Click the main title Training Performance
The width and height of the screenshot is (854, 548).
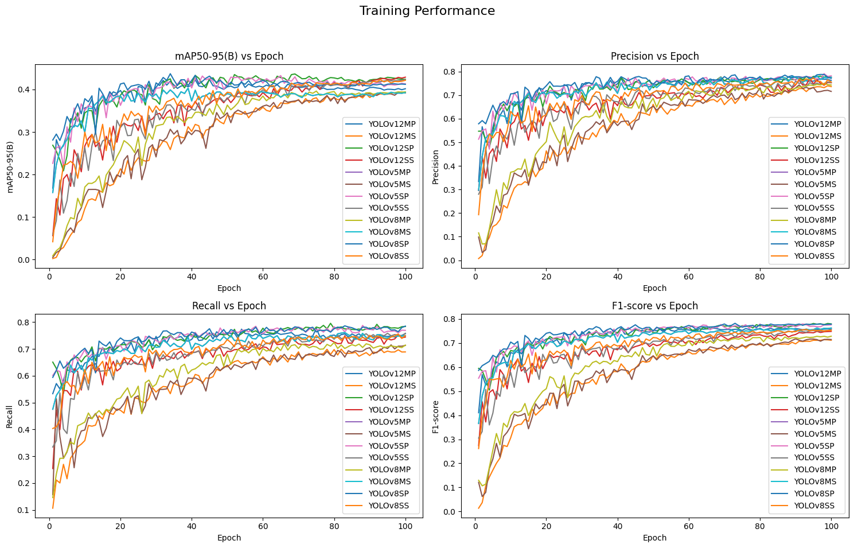(x=427, y=11)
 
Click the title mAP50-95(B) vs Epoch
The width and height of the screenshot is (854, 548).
(x=229, y=56)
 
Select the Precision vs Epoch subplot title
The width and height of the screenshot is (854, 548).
(x=654, y=56)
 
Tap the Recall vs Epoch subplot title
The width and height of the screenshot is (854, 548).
(x=229, y=306)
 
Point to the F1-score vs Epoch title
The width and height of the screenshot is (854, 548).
(x=654, y=306)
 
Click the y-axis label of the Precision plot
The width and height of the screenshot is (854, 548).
(x=435, y=167)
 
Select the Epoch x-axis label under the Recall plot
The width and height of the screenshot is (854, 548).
(x=229, y=538)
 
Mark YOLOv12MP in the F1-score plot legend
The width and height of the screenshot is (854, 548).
(x=817, y=374)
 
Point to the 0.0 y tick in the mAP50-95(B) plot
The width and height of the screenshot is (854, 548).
(x=25, y=260)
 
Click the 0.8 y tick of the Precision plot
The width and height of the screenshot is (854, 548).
(x=450, y=72)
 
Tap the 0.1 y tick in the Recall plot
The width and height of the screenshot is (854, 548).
(x=25, y=510)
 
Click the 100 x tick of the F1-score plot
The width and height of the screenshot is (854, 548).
(x=831, y=526)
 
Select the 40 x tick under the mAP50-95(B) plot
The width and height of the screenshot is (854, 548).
(x=192, y=276)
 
